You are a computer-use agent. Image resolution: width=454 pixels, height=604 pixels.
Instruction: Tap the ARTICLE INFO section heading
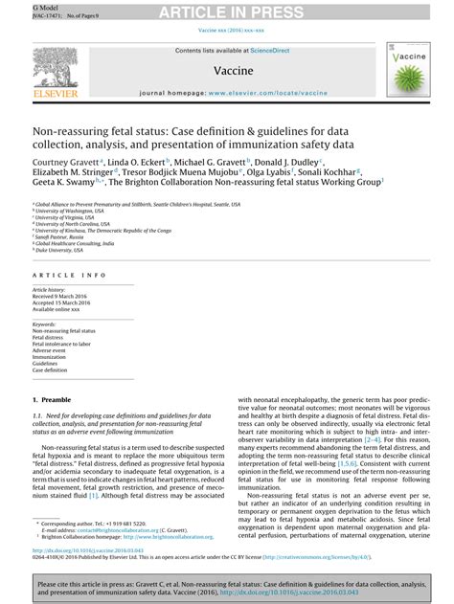tap(66, 275)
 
